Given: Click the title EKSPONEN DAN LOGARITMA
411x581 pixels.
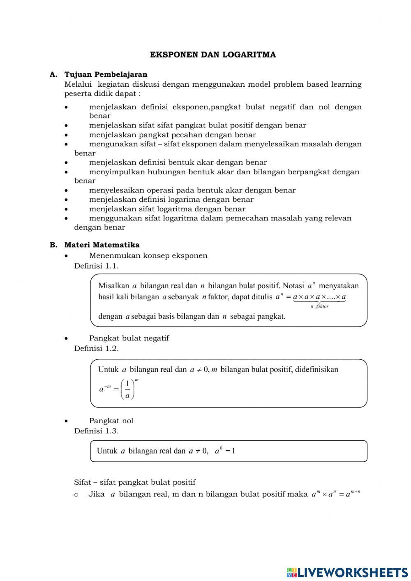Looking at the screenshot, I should click(213, 55).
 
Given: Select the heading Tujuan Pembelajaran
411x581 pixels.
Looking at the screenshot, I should click(106, 74).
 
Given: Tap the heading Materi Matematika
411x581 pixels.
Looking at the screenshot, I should click(102, 245).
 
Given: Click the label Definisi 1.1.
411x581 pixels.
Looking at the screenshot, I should click(96, 266).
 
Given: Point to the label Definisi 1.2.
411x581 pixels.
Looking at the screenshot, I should click(96, 349).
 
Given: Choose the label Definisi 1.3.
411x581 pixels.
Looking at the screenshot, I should click(96, 431).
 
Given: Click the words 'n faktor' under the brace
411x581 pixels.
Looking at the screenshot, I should click(319, 306).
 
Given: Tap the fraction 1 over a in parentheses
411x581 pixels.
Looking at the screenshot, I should click(127, 389).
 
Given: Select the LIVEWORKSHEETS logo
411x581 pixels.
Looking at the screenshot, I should click(347, 572).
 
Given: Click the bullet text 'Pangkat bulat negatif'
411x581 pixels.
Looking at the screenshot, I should click(129, 338).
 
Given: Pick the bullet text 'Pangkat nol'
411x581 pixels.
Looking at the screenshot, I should click(111, 421).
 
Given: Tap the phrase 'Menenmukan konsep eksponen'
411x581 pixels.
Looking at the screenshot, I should click(148, 256).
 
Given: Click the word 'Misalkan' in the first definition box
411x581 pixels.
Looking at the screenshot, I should click(113, 286).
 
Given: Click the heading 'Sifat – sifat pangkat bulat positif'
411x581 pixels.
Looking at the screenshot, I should click(135, 482).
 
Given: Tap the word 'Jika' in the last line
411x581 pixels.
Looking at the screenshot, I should click(97, 494).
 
